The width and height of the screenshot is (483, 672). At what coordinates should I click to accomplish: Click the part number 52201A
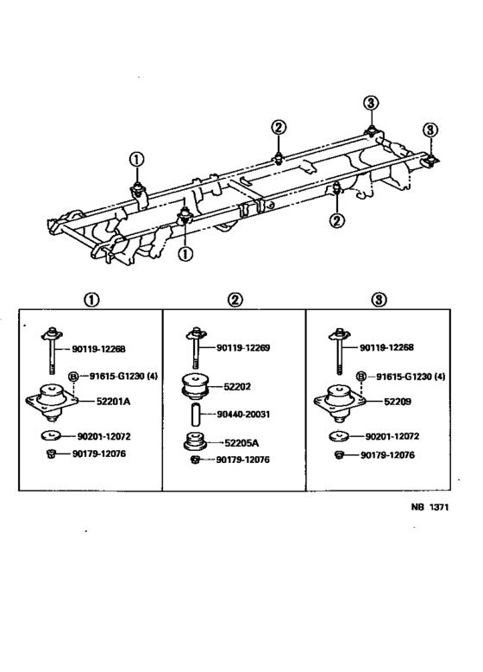[x=103, y=402]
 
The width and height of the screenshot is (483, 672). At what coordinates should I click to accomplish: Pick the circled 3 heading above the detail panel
[x=379, y=300]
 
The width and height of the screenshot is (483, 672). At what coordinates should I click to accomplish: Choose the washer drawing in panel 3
[x=339, y=436]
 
